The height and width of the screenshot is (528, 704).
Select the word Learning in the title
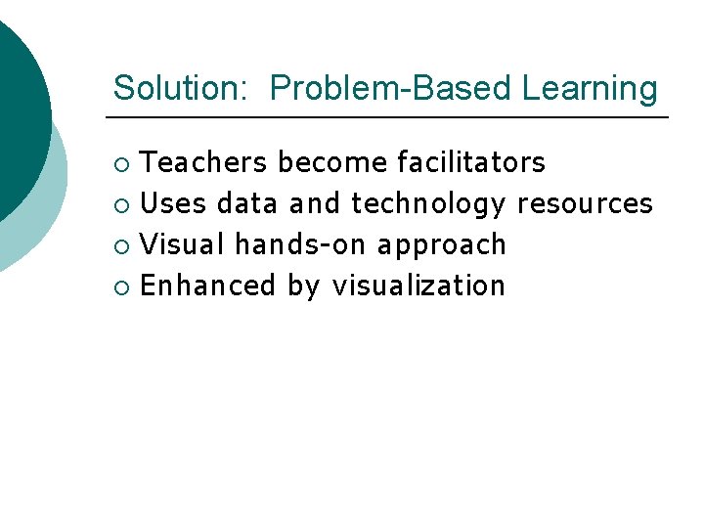coord(590,88)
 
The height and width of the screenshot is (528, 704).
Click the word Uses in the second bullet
coord(174,203)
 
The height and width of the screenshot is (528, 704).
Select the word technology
coord(428,203)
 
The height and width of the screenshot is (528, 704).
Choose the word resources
coord(585,203)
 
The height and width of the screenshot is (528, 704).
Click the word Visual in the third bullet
coord(183,244)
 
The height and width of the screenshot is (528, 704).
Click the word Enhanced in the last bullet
coord(208,286)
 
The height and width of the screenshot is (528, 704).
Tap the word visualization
coord(418,286)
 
